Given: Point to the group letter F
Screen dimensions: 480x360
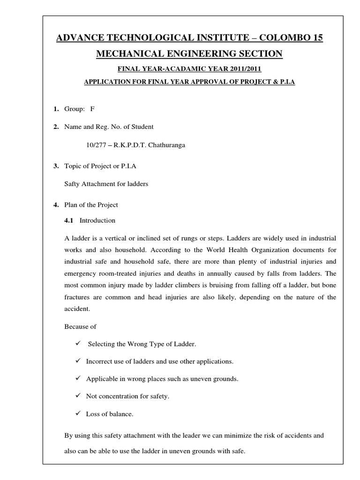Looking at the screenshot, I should point(92,109).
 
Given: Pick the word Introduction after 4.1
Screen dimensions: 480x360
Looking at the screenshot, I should point(97,220).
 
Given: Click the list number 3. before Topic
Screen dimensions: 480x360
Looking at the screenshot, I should point(56,166).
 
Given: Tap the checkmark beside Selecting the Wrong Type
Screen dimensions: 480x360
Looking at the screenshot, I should point(78,344).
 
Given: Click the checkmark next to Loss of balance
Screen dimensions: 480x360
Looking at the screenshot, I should point(78,413).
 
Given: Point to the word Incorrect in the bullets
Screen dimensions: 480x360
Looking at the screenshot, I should point(100,361).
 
